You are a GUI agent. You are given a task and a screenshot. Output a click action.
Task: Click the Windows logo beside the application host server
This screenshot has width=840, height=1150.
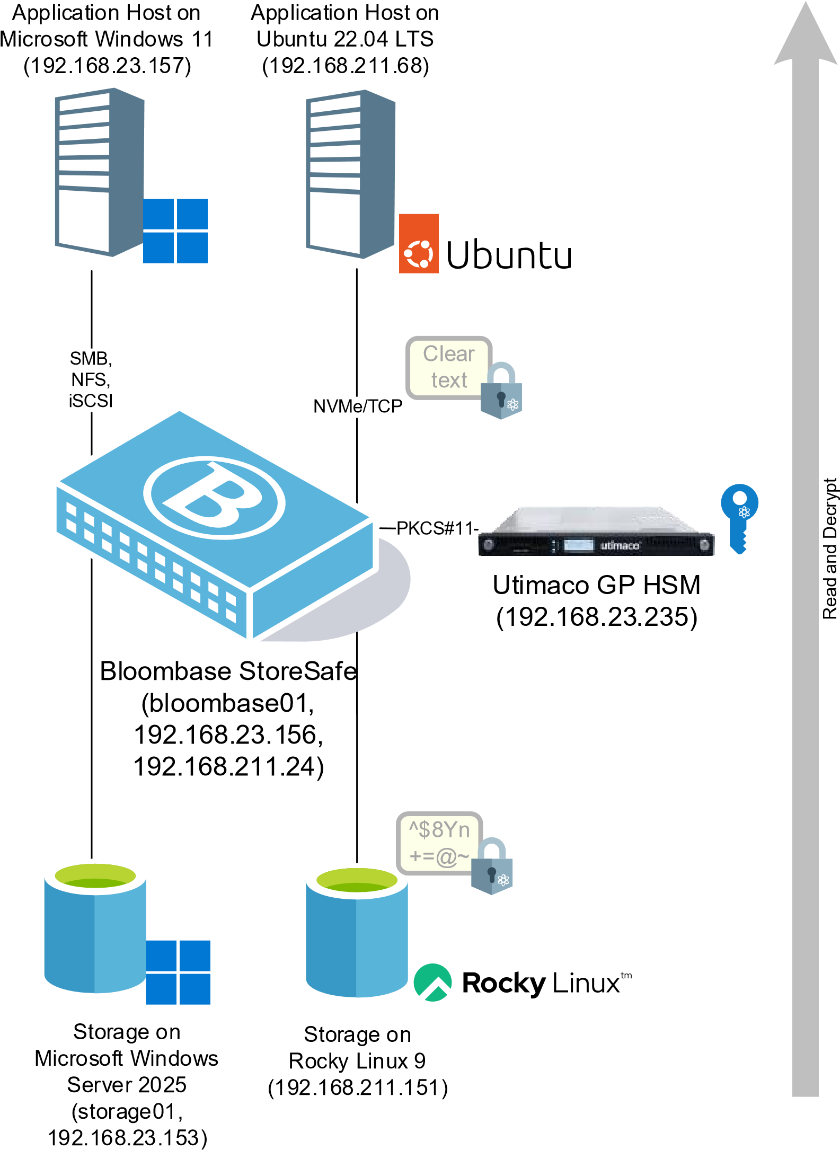pyautogui.click(x=175, y=231)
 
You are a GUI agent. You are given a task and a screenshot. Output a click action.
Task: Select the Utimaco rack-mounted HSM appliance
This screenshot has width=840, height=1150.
pyautogui.click(x=596, y=532)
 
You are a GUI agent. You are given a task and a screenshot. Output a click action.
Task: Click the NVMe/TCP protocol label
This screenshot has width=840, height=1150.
pyautogui.click(x=358, y=406)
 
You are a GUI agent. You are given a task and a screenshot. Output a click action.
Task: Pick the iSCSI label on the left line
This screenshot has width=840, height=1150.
pyautogui.click(x=91, y=401)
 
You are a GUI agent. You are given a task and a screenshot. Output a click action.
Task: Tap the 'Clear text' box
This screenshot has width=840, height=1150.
pyautogui.click(x=448, y=367)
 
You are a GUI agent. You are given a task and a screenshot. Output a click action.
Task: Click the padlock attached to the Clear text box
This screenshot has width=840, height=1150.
pyautogui.click(x=501, y=391)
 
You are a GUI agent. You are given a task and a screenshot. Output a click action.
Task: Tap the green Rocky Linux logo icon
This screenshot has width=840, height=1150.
pyautogui.click(x=432, y=983)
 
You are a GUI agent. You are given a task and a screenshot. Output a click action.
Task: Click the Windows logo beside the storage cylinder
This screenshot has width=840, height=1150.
pyautogui.click(x=178, y=972)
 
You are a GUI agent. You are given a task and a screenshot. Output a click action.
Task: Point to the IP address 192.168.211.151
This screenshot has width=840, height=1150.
pyautogui.click(x=358, y=1088)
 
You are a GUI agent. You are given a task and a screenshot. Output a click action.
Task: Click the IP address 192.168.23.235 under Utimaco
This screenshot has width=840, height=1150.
pyautogui.click(x=597, y=617)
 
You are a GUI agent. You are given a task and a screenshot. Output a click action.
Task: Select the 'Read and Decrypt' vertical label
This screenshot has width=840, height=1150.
pyautogui.click(x=830, y=549)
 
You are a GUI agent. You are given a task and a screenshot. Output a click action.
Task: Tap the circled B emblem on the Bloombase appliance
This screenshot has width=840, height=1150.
pyautogui.click(x=214, y=498)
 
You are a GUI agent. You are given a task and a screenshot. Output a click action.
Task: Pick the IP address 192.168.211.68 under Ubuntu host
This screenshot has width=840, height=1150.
pyautogui.click(x=346, y=66)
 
